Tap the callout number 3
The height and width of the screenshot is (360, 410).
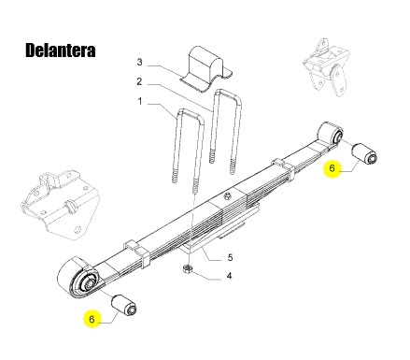click(x=140, y=63)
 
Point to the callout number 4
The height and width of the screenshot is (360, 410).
click(x=231, y=277)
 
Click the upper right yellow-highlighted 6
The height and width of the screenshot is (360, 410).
click(x=330, y=168)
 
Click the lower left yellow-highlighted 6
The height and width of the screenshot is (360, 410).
click(x=91, y=319)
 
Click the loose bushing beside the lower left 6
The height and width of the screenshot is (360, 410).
click(x=124, y=305)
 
